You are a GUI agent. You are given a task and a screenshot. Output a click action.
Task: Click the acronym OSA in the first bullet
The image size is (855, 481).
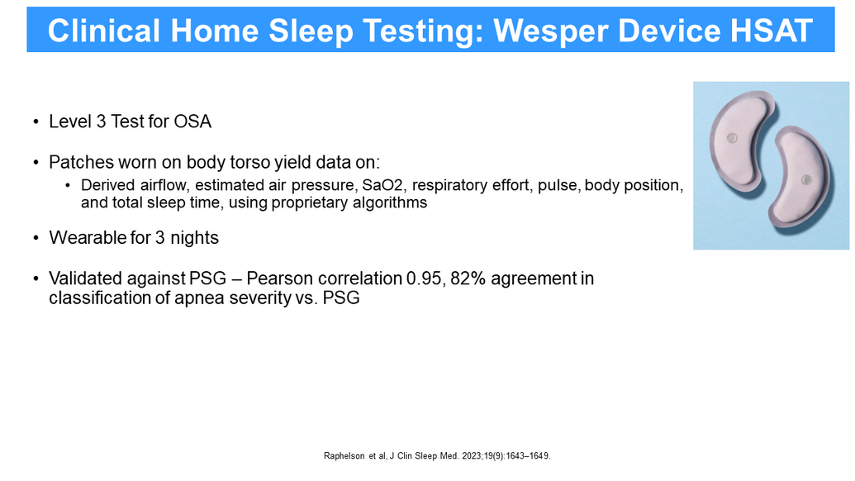coord(192,121)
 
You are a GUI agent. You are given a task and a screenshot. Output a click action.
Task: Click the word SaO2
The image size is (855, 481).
coord(382,185)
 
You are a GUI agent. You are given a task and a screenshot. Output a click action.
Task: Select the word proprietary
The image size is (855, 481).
coord(314,202)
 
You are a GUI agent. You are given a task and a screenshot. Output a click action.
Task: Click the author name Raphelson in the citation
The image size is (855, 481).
coord(344,456)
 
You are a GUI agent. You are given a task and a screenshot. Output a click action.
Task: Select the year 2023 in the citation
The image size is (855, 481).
coord(472,456)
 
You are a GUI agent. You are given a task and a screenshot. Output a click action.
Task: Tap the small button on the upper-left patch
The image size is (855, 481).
coord(732,138)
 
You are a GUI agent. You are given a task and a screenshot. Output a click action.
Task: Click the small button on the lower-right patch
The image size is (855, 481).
coord(806,180)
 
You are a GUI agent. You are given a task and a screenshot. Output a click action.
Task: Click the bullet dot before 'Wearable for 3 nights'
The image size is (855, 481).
coord(36,238)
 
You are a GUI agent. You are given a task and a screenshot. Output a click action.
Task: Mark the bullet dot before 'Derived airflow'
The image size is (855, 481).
coord(68,186)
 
